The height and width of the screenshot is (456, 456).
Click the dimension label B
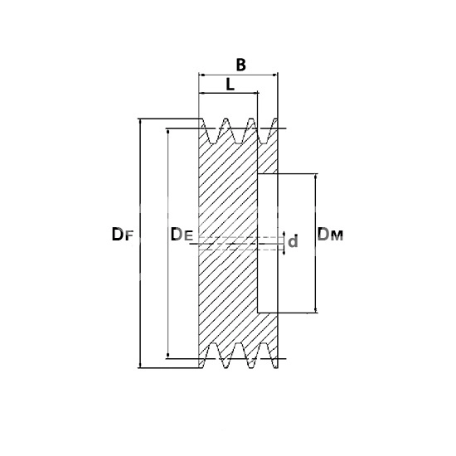(x=240, y=65)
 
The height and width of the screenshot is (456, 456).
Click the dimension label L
(x=230, y=85)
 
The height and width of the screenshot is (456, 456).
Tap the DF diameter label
(x=122, y=235)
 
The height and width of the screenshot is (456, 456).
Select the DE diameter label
(x=182, y=235)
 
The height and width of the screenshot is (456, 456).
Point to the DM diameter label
(x=330, y=235)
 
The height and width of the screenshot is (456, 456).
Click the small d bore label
(x=293, y=241)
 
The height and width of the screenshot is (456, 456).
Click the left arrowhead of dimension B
(x=201, y=75)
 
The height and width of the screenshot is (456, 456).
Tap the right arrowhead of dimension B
(x=275, y=75)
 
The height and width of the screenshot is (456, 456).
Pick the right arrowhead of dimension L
(x=256, y=93)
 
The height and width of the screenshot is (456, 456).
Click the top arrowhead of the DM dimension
(x=316, y=176)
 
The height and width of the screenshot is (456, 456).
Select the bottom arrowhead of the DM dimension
(x=316, y=311)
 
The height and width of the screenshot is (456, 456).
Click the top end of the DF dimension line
(x=141, y=119)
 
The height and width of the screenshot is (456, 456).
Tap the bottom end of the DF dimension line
(x=141, y=368)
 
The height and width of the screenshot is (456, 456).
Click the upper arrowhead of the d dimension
(x=284, y=235)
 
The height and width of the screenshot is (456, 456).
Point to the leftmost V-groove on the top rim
(x=213, y=132)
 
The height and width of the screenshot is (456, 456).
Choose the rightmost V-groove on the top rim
(x=264, y=132)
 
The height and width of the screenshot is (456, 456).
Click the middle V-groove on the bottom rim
(x=239, y=355)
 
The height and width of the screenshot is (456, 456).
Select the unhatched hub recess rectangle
(x=268, y=244)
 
